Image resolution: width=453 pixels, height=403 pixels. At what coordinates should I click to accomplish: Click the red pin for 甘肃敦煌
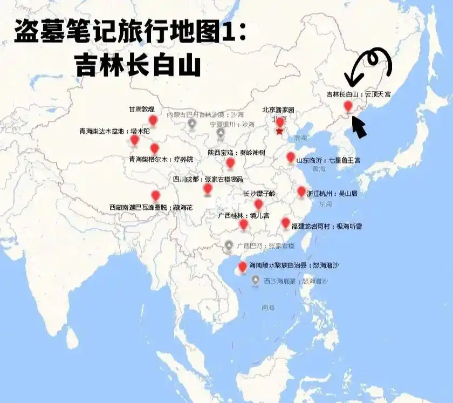[x=153, y=120]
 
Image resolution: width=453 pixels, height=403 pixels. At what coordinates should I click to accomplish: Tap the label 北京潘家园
[x=278, y=110]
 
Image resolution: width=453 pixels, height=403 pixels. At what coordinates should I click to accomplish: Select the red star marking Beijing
[x=279, y=131]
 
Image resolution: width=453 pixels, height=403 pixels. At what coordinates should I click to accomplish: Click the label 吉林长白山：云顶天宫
[x=359, y=94]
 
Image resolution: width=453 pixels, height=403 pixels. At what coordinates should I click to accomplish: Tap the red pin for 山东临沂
[x=291, y=158]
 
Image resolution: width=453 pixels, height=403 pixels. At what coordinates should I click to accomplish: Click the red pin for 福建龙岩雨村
[x=285, y=222]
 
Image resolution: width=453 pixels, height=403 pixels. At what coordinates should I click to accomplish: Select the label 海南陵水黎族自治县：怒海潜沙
[x=294, y=265]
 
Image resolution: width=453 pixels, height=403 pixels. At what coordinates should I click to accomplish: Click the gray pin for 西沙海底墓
[x=256, y=280]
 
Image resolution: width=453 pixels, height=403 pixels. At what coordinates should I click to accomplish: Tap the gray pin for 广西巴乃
[x=229, y=246]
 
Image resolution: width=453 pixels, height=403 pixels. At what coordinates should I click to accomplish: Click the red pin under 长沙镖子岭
[x=258, y=204]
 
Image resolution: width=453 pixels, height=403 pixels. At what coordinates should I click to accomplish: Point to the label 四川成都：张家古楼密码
[x=208, y=179]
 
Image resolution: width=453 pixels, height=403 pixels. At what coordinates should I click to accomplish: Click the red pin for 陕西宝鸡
[x=230, y=162]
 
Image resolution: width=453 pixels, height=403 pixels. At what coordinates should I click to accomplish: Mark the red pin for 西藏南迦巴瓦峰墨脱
[x=156, y=195]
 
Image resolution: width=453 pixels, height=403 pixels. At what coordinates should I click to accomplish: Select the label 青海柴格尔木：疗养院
[x=161, y=159]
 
